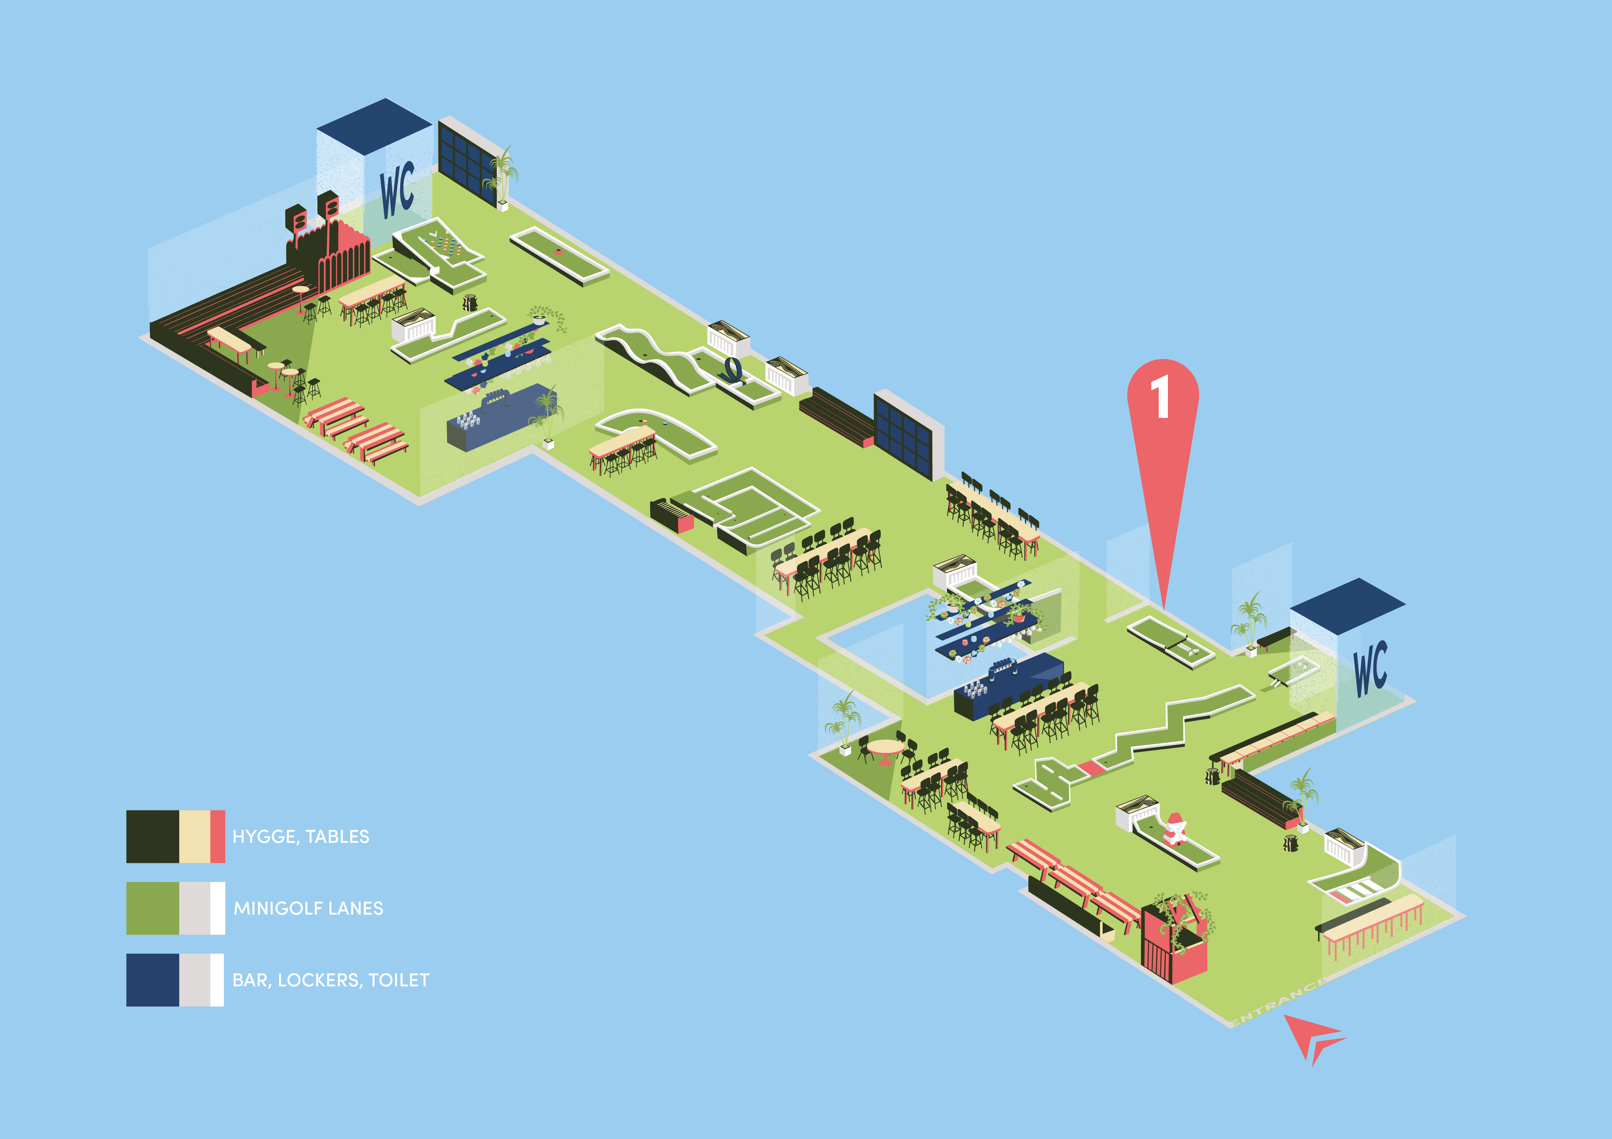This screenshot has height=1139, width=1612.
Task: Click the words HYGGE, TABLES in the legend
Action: click(301, 836)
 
